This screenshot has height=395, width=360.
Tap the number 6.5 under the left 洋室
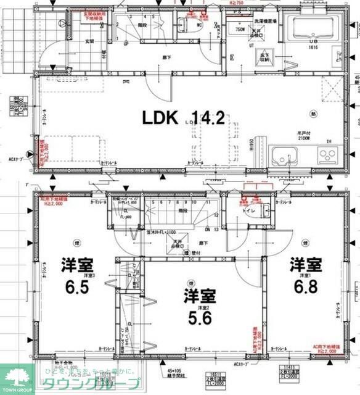(76, 286)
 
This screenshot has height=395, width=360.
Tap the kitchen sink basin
(284, 157)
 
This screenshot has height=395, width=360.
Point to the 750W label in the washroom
(240, 29)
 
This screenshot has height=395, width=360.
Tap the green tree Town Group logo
(17, 376)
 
